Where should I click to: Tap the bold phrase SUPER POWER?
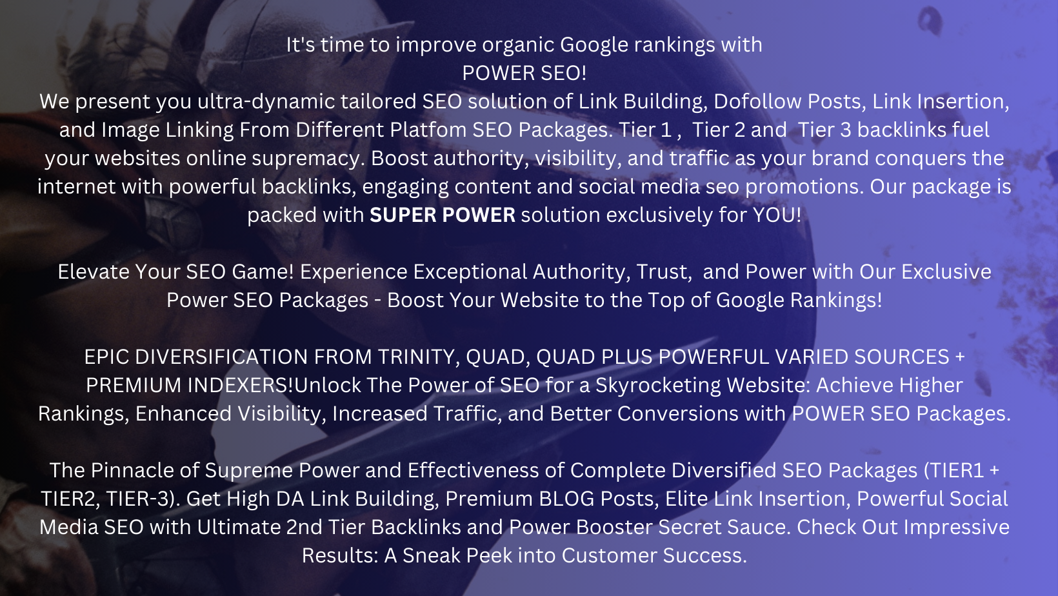click(x=443, y=215)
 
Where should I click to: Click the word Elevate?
click(x=94, y=272)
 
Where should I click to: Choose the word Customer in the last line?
click(x=611, y=556)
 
